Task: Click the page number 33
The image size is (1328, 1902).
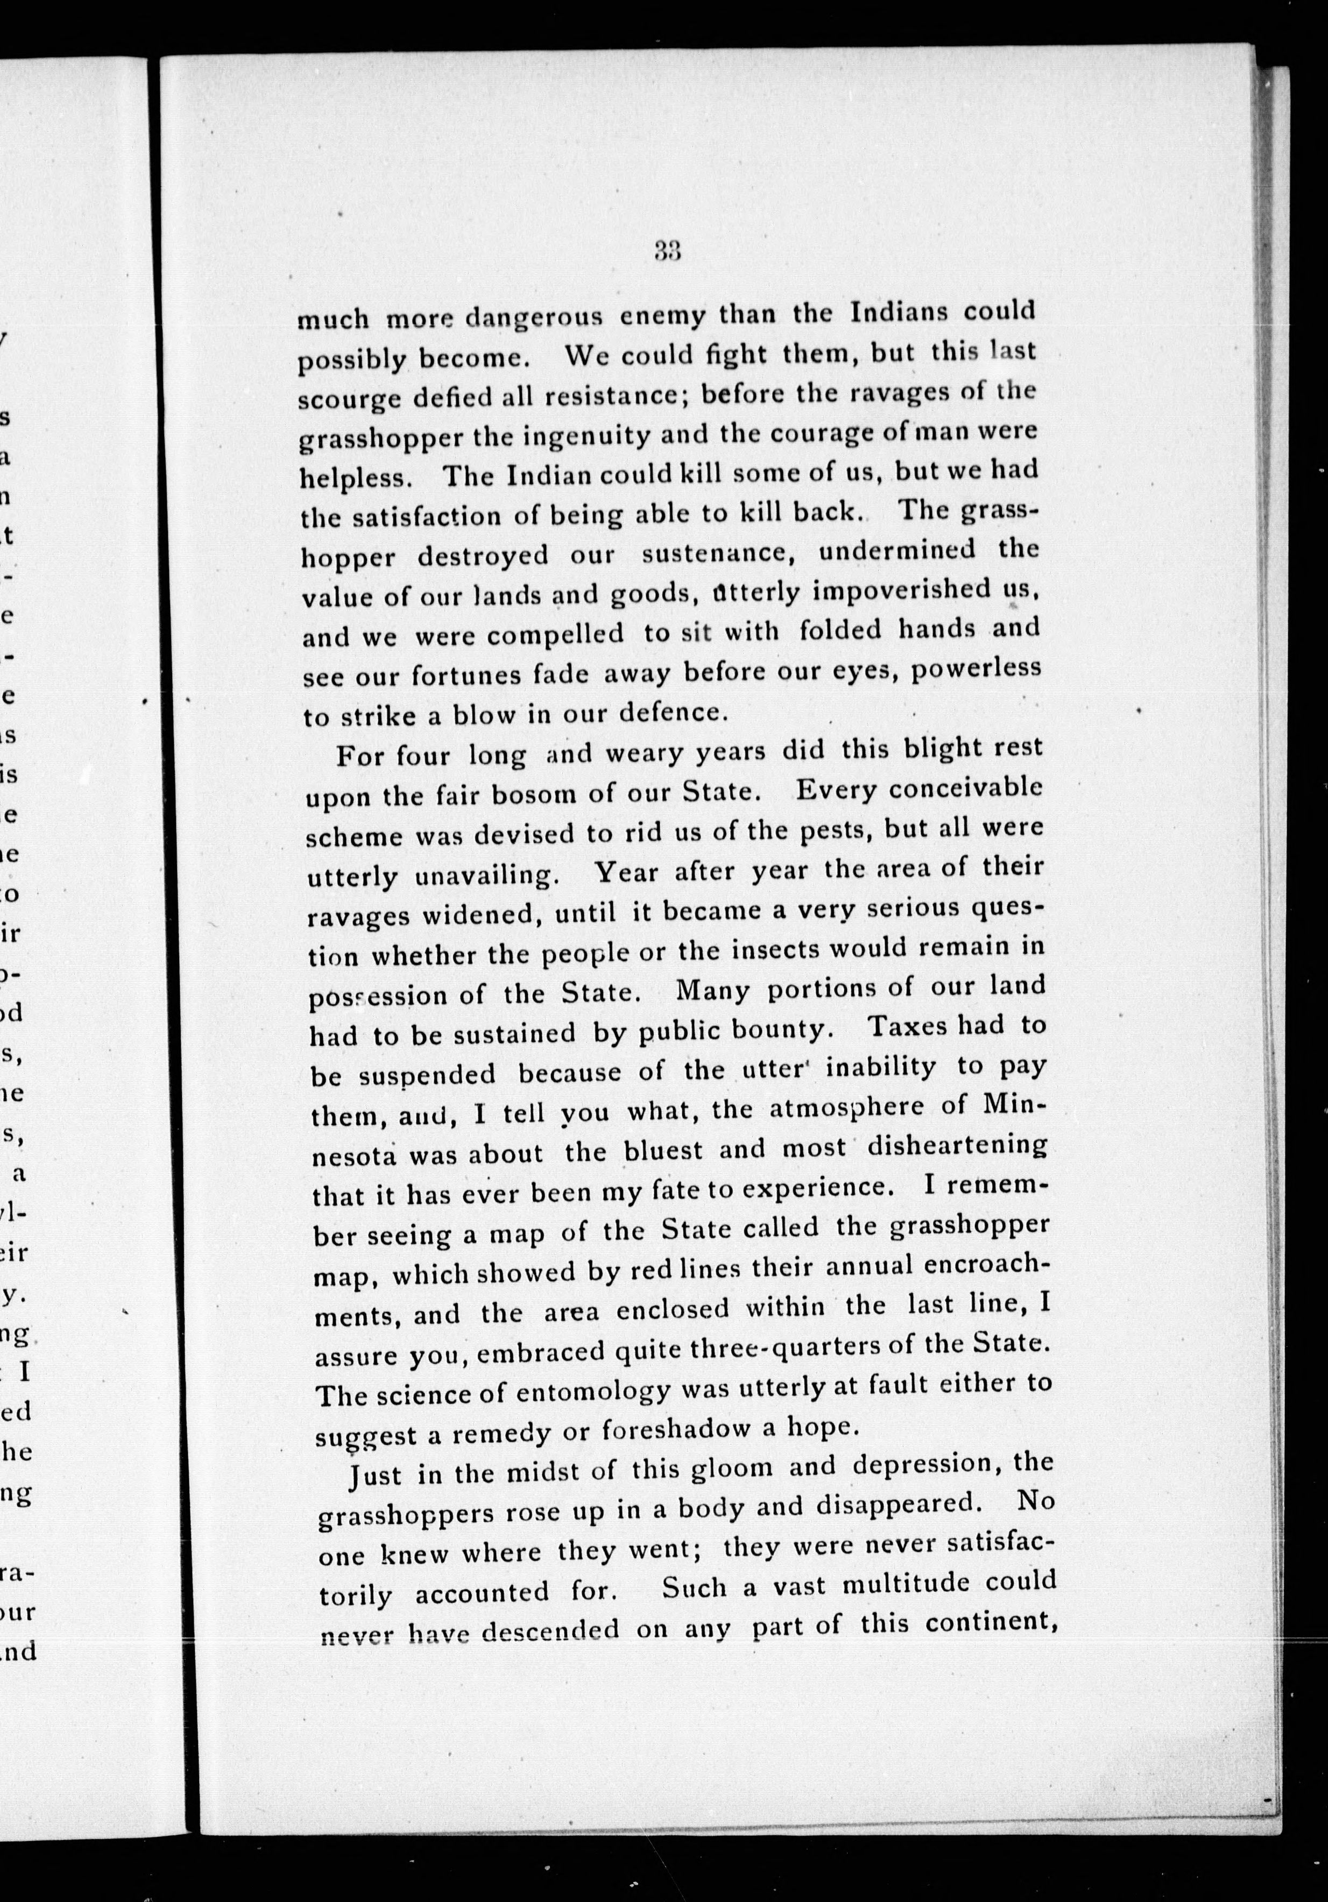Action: point(667,251)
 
